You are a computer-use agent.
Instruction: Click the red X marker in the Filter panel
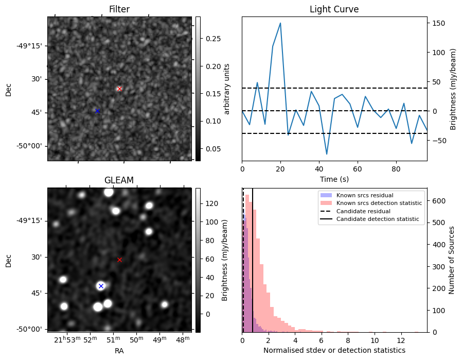point(119,89)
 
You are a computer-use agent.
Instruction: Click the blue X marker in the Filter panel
point(98,111)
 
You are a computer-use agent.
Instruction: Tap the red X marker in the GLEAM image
point(119,260)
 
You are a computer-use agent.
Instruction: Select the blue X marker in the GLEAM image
point(101,286)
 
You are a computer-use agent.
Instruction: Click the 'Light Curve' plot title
point(334,9)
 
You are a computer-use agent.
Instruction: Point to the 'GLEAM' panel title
point(119,180)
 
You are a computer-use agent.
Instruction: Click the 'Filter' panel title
point(119,9)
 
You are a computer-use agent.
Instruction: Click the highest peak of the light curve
point(280,23)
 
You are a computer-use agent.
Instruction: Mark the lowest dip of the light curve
point(327,154)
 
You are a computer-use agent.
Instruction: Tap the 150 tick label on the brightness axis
point(438,23)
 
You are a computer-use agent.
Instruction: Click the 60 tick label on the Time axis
point(358,169)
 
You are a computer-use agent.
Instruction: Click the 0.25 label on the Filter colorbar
point(213,39)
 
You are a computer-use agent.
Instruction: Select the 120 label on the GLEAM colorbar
point(211,203)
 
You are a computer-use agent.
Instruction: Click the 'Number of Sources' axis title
point(451,260)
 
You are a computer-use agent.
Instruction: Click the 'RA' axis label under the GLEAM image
point(119,351)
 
